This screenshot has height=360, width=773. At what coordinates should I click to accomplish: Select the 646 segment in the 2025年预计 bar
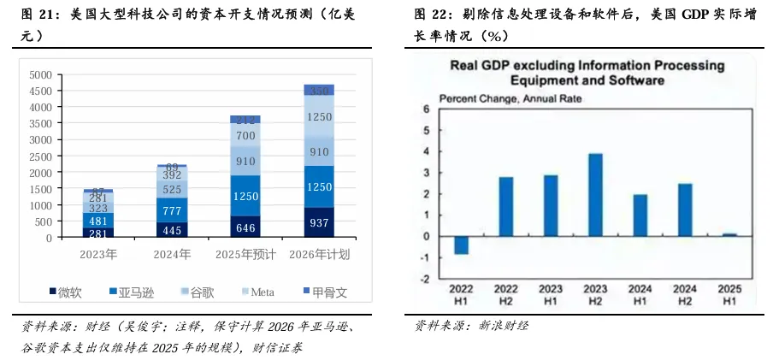245,228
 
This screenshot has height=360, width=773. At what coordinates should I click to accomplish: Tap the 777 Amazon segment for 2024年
172,210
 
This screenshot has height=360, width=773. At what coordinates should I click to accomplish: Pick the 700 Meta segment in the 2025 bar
245,136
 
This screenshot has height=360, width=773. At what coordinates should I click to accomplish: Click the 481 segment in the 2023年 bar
99,221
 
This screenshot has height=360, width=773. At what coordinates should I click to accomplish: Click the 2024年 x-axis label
172,254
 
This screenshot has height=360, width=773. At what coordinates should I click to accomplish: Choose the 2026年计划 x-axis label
319,254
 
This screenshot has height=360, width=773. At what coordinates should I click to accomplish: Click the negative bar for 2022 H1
462,245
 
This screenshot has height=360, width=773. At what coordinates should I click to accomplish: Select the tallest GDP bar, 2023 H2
596,195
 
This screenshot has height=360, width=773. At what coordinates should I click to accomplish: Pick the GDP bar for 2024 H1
640,215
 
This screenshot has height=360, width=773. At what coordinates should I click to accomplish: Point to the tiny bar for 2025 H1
729,234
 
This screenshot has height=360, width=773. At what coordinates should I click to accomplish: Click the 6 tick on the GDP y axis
425,109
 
